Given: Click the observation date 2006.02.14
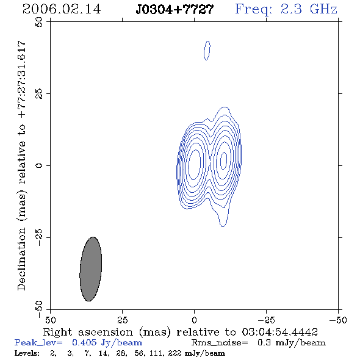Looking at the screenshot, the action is tap(62, 9).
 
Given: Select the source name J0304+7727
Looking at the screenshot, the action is tap(175, 10).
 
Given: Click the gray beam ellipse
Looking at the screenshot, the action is tap(91, 269).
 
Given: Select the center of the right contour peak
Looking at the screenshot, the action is tap(223, 160).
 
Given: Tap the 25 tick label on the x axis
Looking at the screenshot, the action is tap(122, 320).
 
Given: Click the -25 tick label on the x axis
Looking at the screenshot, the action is tap(266, 320).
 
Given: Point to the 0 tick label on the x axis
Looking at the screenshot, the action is tap(194, 320).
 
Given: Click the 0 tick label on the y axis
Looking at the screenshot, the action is tap(39, 165).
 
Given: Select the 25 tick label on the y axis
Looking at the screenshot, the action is tap(39, 94).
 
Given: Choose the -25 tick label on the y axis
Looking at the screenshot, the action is tap(39, 237).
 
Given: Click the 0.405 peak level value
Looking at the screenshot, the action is tap(84, 342).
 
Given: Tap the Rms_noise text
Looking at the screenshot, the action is tap(220, 343).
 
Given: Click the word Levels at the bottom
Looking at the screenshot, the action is tap(27, 353).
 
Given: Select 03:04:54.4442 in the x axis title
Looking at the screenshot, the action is tap(279, 332).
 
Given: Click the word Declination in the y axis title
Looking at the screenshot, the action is tap(21, 259).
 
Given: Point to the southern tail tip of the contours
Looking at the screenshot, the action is tap(223, 226).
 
